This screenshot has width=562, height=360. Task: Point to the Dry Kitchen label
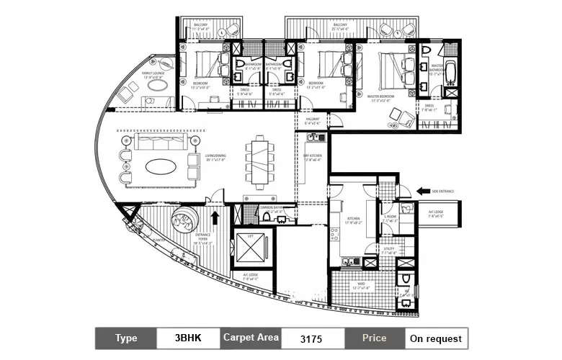(311, 159)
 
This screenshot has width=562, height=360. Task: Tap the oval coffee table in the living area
(159, 166)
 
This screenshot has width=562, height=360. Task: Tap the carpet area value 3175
(311, 338)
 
